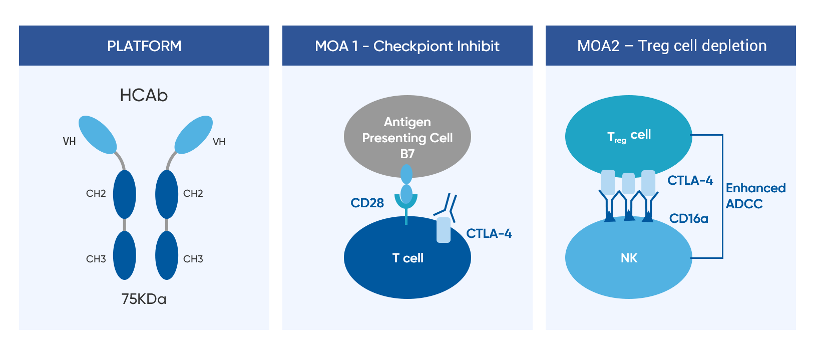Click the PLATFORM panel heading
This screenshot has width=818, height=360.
(x=144, y=46)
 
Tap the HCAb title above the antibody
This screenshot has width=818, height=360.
(x=144, y=95)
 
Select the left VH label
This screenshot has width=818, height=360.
(x=69, y=142)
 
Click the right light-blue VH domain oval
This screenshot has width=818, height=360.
(x=193, y=135)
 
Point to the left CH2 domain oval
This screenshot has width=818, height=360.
(x=124, y=194)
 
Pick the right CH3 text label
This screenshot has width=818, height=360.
(x=193, y=259)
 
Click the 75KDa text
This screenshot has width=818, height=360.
(x=144, y=299)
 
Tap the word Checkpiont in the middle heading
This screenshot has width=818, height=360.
(x=404, y=46)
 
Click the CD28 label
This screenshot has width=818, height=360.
(x=367, y=203)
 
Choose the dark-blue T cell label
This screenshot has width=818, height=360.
(x=407, y=258)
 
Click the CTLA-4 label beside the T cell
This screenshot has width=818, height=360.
(x=489, y=233)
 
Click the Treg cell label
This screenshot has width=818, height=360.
(x=629, y=135)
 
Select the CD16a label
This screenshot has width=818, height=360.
(x=688, y=218)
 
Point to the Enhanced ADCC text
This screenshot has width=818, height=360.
(x=755, y=196)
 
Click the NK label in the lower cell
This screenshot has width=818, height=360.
(x=629, y=258)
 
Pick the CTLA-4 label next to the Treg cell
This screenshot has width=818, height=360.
(x=690, y=180)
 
